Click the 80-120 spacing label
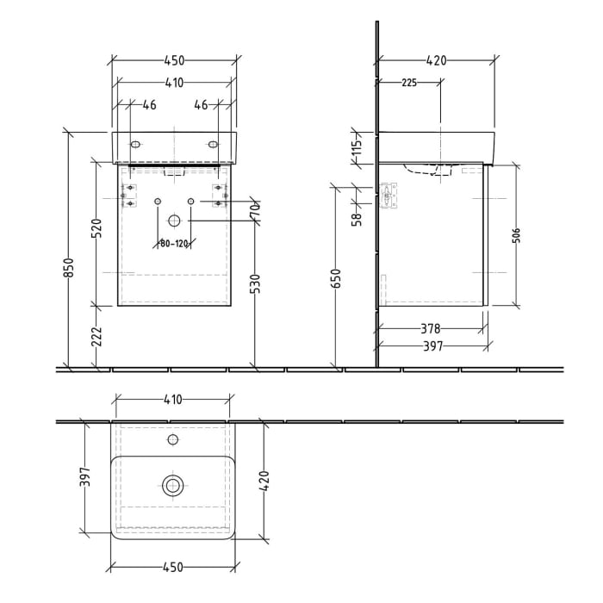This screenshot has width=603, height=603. pyautogui.click(x=174, y=243)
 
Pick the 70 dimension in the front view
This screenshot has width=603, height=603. pyautogui.click(x=255, y=211)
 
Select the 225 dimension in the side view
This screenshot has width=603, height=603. pyautogui.click(x=409, y=83)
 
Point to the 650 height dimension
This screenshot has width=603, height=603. pyautogui.click(x=337, y=277)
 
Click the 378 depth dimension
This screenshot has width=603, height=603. pyautogui.click(x=431, y=328)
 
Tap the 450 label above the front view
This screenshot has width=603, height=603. pyautogui.click(x=175, y=60)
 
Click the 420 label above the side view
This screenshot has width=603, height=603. pyautogui.click(x=437, y=60)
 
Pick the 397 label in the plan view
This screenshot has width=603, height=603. pyautogui.click(x=84, y=482)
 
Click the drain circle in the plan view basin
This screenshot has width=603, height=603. pyautogui.click(x=173, y=486)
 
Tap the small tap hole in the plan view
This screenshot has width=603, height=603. pyautogui.click(x=173, y=440)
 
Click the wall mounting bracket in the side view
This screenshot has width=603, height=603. pyautogui.click(x=389, y=196)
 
